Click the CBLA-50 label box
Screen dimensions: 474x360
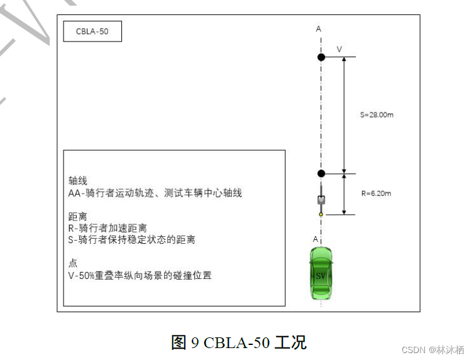pyautogui.click(x=92, y=31)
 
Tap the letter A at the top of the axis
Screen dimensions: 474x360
pyautogui.click(x=319, y=29)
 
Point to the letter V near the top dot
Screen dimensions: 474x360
pyautogui.click(x=339, y=48)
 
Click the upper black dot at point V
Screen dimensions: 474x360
pyautogui.click(x=321, y=57)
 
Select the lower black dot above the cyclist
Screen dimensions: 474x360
pyautogui.click(x=321, y=173)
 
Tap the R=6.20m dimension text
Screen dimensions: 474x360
pyautogui.click(x=376, y=194)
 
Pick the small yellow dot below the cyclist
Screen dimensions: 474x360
pyautogui.click(x=321, y=215)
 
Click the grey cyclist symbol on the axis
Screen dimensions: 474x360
pyautogui.click(x=321, y=199)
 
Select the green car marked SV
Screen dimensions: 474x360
pyautogui.click(x=321, y=273)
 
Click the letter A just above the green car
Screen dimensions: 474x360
pyautogui.click(x=316, y=239)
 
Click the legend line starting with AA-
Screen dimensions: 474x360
pyautogui.click(x=155, y=193)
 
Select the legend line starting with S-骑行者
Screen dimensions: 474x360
pyautogui.click(x=131, y=239)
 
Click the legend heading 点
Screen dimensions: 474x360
pyautogui.click(x=72, y=263)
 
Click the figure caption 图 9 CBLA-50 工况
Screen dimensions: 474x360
pyautogui.click(x=238, y=342)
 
